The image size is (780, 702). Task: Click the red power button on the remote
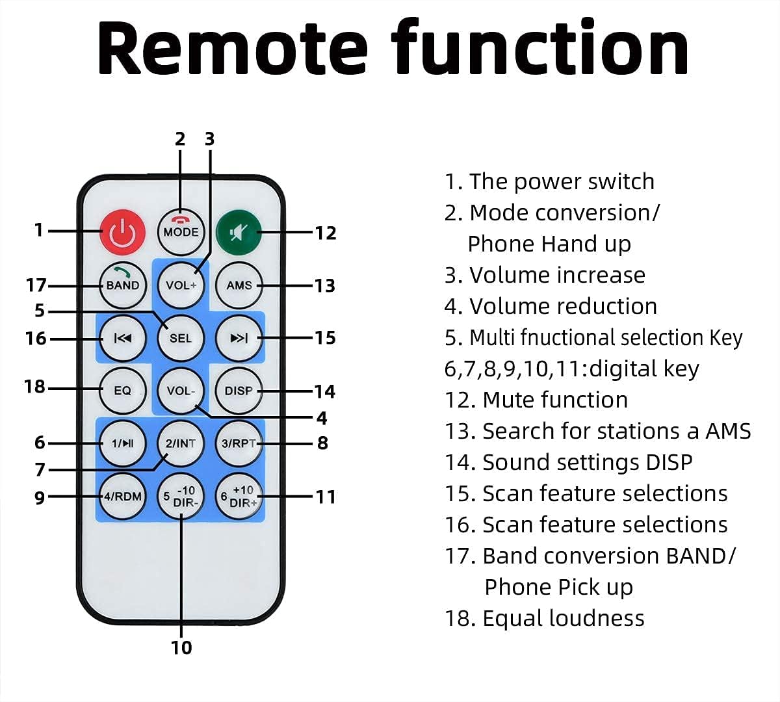tap(122, 231)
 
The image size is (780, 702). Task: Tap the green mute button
tap(239, 231)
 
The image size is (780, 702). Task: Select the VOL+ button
tap(181, 285)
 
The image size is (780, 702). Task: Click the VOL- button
tap(181, 391)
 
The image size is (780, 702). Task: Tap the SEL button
tap(181, 338)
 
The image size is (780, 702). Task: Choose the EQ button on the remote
tap(122, 391)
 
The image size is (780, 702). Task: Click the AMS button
tap(239, 285)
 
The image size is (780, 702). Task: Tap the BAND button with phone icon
tap(122, 284)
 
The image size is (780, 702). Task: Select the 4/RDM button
tap(122, 497)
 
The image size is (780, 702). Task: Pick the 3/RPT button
tap(239, 443)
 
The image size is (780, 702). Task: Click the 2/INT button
tap(181, 443)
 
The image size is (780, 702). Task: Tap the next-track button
tap(239, 338)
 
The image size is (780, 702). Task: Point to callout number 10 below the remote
tap(181, 647)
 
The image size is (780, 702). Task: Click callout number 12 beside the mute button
tap(325, 233)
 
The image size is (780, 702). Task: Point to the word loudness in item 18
tap(596, 618)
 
